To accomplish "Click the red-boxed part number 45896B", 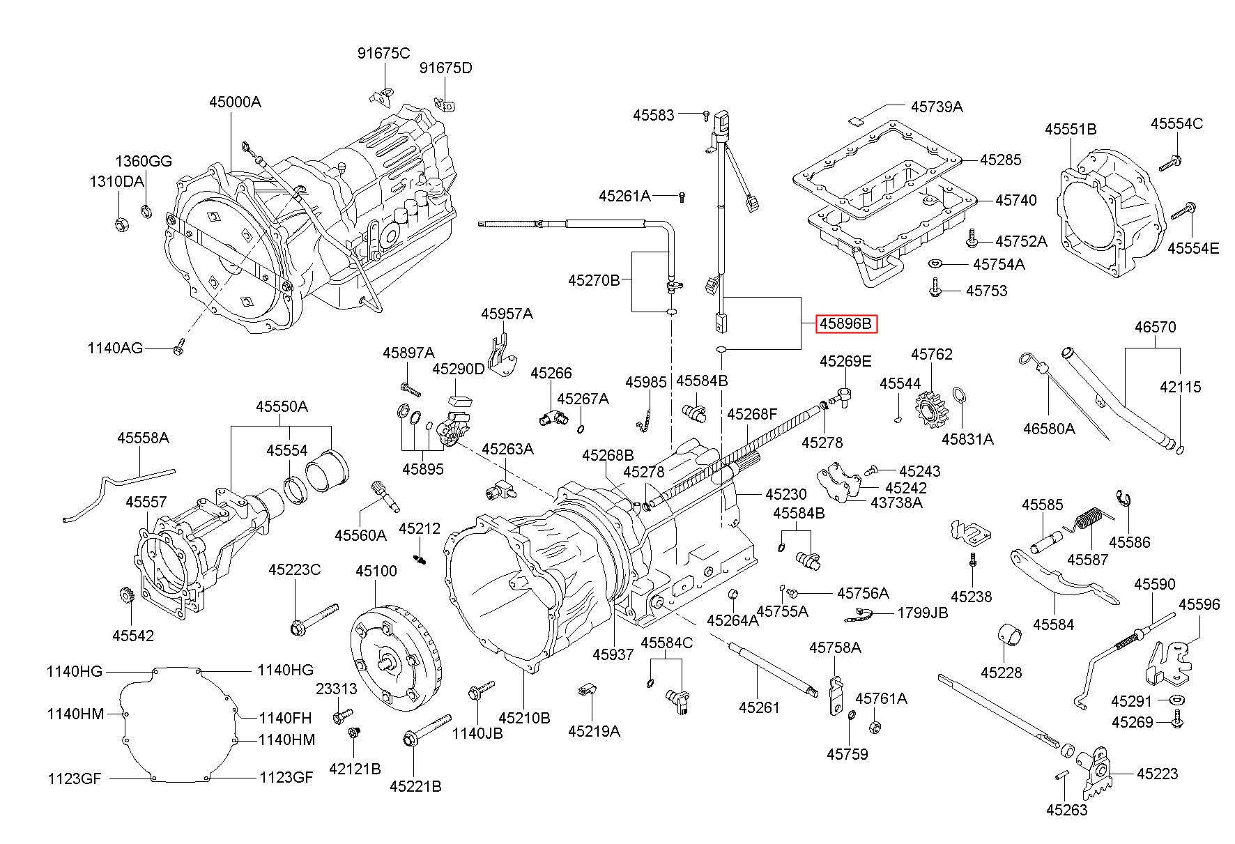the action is pyautogui.click(x=845, y=324).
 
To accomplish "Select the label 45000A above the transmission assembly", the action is pyautogui.click(x=235, y=102).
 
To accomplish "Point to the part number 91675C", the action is pyautogui.click(x=384, y=53).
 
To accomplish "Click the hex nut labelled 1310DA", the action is pyautogui.click(x=119, y=224).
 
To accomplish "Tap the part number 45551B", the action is pyautogui.click(x=1071, y=129).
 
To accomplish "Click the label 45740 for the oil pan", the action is pyautogui.click(x=1016, y=200).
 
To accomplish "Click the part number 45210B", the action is pyautogui.click(x=524, y=717).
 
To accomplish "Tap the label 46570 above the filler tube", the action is pyautogui.click(x=1155, y=326).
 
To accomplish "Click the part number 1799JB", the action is pyautogui.click(x=922, y=613).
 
